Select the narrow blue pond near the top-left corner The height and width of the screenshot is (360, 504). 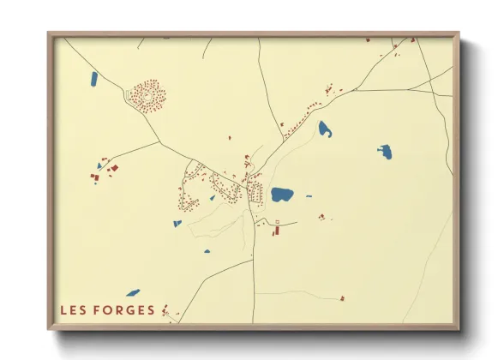point(93,79)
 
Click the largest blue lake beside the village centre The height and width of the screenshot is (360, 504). point(282,195)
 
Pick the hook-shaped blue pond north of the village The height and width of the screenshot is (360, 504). point(325,129)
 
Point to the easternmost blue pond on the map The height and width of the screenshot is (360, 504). point(385,153)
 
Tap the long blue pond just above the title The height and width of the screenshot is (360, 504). point(133,292)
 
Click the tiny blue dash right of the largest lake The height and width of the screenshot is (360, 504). point(309,195)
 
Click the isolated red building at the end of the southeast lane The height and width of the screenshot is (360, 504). point(341,297)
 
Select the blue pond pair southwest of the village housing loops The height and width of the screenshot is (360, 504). point(177,224)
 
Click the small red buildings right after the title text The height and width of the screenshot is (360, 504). point(165,312)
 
